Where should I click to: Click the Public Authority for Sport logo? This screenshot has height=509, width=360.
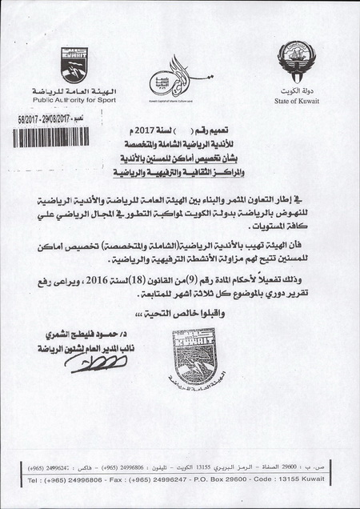[x=74, y=66]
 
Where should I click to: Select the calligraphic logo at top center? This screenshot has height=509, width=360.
[x=178, y=81]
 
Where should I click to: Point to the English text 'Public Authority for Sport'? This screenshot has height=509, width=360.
[x=73, y=102]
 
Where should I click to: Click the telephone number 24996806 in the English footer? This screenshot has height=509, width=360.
[x=92, y=479]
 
